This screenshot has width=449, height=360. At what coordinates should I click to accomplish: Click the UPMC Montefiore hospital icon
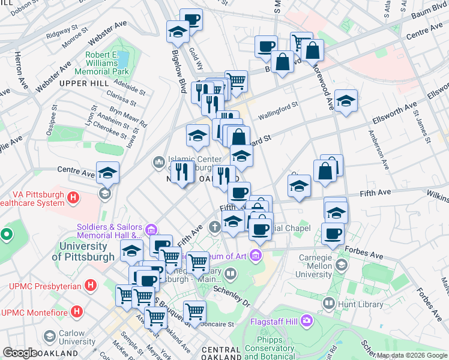pyautogui.click(x=77, y=312)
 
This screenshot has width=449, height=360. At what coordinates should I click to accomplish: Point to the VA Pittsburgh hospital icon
pyautogui.click(x=73, y=197)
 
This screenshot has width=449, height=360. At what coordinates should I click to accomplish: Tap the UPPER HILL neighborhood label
pyautogui.click(x=85, y=82)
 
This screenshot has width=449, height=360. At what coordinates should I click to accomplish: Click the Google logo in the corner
pyautogui.click(x=20, y=353)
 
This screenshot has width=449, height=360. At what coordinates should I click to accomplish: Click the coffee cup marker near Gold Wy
pyautogui.click(x=191, y=19)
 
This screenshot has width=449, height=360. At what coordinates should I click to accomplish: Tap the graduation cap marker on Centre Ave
pyautogui.click(x=107, y=172)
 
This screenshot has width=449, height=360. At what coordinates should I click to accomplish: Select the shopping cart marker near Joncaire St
pyautogui.click(x=194, y=311)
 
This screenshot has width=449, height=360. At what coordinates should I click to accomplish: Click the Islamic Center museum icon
pyautogui.click(x=159, y=161)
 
